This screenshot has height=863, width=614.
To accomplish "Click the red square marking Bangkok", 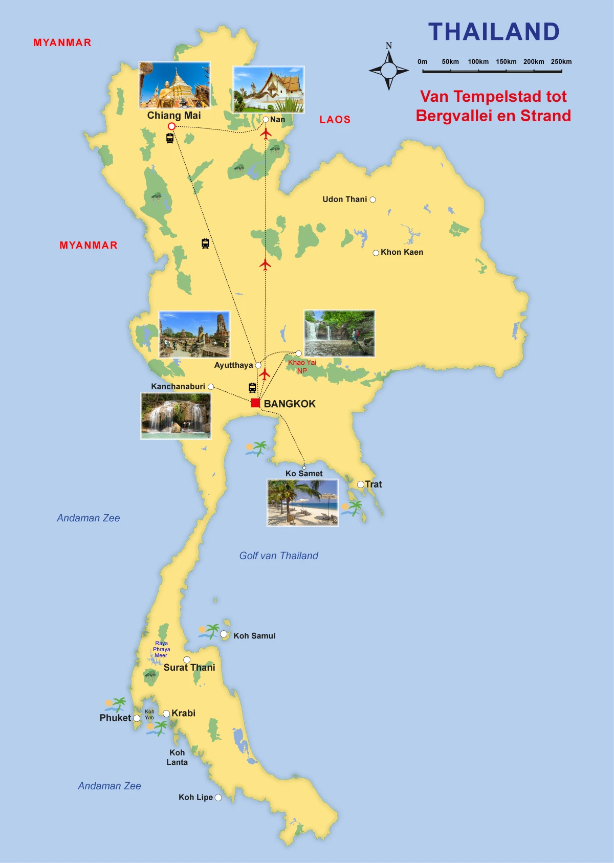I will pyautogui.click(x=255, y=403).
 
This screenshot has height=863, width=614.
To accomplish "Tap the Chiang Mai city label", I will pyautogui.click(x=174, y=116).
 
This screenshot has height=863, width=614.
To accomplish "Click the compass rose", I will pyautogui.click(x=389, y=71).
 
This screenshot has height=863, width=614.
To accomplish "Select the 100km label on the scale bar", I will pyautogui.click(x=478, y=62).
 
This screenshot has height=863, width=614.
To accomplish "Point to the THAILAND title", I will pyautogui.click(x=494, y=32).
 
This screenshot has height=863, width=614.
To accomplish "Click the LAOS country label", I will pyautogui.click(x=335, y=120).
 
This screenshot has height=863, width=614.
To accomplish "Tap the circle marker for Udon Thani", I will pyautogui.click(x=373, y=200).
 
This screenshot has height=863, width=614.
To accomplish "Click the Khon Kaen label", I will pyautogui.click(x=402, y=252).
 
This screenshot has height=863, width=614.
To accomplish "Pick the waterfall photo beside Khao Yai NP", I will pyautogui.click(x=339, y=333).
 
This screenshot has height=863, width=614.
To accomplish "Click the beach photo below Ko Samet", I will pyautogui.click(x=302, y=502).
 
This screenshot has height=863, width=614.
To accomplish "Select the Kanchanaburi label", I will pyautogui.click(x=178, y=387).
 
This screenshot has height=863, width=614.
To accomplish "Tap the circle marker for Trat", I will pyautogui.click(x=360, y=484).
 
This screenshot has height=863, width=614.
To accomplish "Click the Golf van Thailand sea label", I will pyautogui.click(x=279, y=556).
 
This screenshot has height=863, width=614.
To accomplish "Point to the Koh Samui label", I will pyautogui.click(x=254, y=636).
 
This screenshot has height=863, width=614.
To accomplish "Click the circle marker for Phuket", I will pyautogui.click(x=137, y=718).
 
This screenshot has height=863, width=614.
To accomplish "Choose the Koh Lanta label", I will pyautogui.click(x=177, y=757).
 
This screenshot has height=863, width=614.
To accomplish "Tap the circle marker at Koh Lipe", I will pyautogui.click(x=218, y=798).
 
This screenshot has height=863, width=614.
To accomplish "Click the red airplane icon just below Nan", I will pyautogui.click(x=266, y=134).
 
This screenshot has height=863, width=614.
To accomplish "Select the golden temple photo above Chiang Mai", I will pyautogui.click(x=174, y=85).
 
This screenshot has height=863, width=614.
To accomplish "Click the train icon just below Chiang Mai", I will pyautogui.click(x=170, y=138).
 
